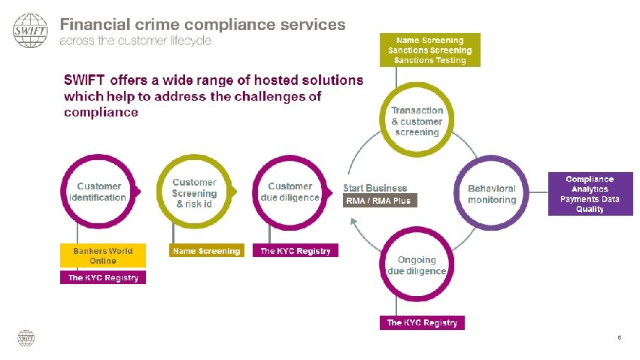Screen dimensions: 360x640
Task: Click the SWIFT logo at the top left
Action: tap(31, 31)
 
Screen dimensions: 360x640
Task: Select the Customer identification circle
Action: tap(98, 192)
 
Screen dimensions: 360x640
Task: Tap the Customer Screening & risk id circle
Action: tap(194, 192)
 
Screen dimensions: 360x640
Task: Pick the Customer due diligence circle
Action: tap(290, 192)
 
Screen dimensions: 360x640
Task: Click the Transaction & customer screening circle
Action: tap(417, 121)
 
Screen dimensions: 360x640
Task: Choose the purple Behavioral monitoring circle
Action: tap(492, 194)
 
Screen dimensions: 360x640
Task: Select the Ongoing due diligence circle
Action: tap(417, 265)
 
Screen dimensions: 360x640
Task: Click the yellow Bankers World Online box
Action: tap(103, 255)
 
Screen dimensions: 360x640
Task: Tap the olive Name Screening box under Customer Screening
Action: tap(206, 251)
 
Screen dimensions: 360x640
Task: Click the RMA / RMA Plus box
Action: tap(378, 201)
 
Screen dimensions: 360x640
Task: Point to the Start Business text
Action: tap(375, 188)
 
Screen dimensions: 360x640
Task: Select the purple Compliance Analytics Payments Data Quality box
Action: tap(590, 194)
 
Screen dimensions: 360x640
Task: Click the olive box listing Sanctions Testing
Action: tap(430, 50)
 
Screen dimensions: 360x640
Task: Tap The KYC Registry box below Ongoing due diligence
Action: tap(422, 322)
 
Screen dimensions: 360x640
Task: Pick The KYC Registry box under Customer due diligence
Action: tap(295, 251)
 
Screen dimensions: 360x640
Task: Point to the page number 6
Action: tap(619, 337)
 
